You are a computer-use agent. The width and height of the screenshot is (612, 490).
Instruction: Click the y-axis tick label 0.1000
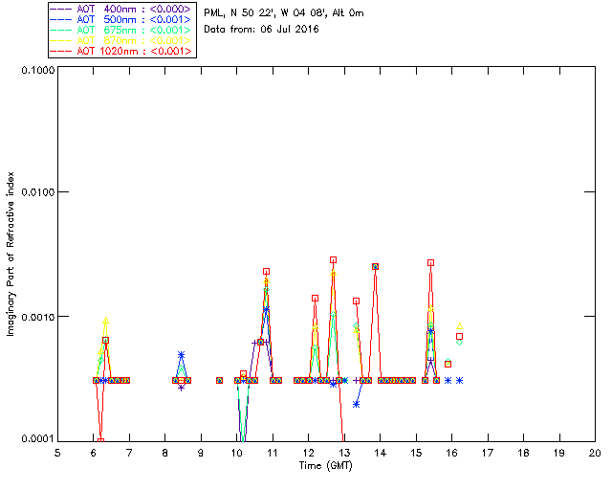[35, 71]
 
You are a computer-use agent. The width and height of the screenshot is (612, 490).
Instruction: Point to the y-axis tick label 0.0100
[35, 193]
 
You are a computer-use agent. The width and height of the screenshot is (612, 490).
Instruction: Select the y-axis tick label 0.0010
[35, 317]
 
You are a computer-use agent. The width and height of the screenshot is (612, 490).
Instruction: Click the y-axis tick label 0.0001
[35, 439]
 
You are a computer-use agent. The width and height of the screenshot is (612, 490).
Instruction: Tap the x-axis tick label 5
[57, 452]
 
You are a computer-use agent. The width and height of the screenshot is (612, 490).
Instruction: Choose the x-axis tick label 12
[308, 452]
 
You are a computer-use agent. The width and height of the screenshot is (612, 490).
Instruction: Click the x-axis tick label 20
[595, 452]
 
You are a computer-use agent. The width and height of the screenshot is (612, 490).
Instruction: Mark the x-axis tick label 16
[451, 452]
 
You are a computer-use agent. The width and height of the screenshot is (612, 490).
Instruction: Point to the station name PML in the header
[213, 13]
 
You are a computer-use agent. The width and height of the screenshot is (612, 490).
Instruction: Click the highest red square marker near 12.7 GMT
[334, 259]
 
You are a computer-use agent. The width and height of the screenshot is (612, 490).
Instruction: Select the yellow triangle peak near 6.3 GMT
[105, 321]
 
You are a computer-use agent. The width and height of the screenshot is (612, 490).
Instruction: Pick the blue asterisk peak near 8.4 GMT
[181, 355]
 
